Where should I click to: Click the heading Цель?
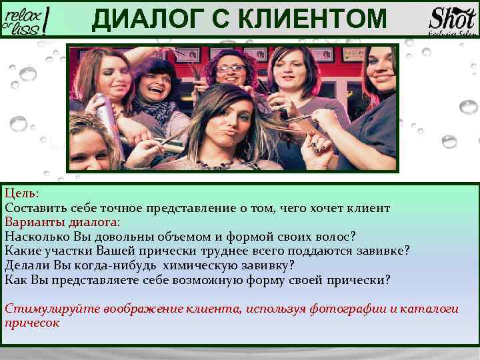[22, 193]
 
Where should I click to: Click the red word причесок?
[32, 323]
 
